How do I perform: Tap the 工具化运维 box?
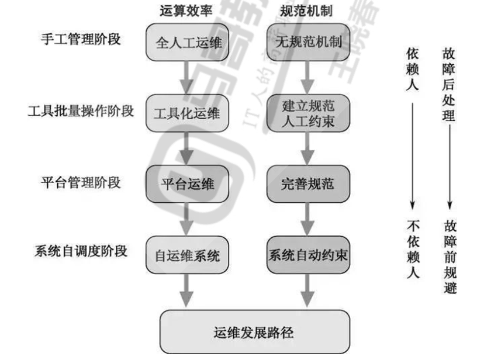(x=185, y=112)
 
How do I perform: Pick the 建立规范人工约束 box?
(x=309, y=112)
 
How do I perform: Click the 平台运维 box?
(x=185, y=184)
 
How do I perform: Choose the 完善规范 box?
(x=309, y=184)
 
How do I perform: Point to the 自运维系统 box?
(x=185, y=255)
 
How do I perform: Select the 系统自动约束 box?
(x=309, y=255)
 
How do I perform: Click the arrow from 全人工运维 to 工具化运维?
(x=185, y=76)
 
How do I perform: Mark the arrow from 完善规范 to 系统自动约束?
(x=309, y=219)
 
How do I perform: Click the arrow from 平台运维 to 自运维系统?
(x=185, y=219)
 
